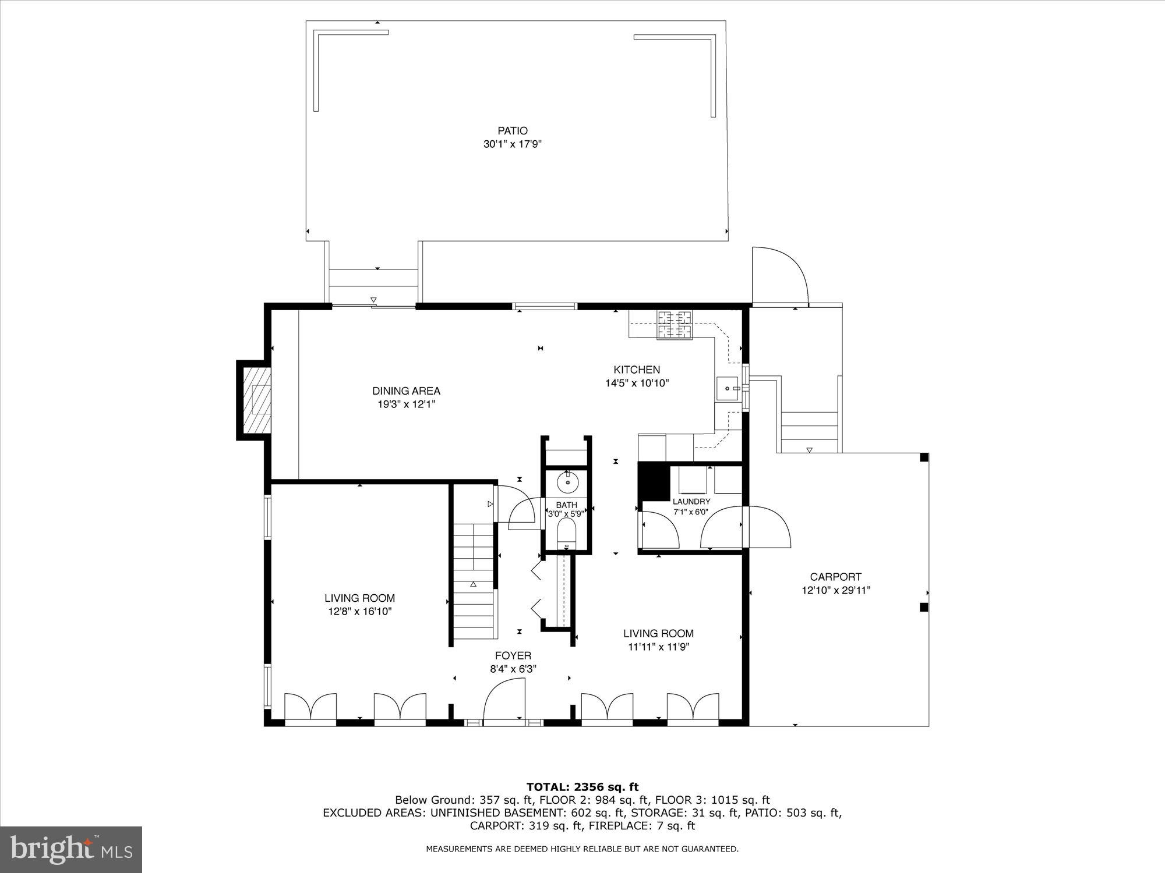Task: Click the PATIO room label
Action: [513, 131]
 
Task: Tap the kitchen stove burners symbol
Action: [676, 325]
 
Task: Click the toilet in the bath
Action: [566, 533]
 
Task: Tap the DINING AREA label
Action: [406, 391]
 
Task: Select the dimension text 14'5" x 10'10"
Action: [637, 383]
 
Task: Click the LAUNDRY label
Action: [691, 502]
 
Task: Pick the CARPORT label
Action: [835, 577]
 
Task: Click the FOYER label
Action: [513, 656]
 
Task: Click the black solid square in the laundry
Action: [654, 481]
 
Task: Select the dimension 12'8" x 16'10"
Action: [359, 612]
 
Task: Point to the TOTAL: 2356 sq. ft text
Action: [582, 787]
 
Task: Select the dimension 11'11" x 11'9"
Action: [658, 647]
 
